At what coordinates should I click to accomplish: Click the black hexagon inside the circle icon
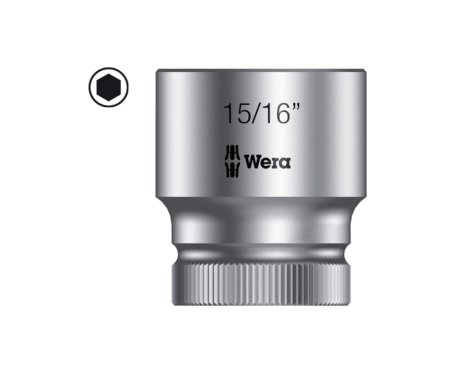click(x=108, y=87)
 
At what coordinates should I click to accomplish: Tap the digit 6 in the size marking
click(x=282, y=114)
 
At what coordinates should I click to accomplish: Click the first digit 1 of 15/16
click(x=229, y=114)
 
